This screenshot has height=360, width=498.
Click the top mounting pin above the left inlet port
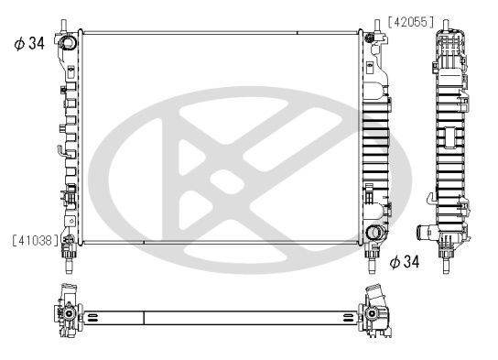(x=65, y=22)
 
